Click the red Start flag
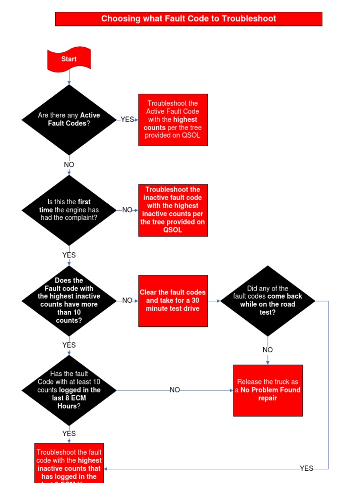(x=69, y=59)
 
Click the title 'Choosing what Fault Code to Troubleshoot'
(x=189, y=19)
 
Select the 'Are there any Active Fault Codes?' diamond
(x=69, y=119)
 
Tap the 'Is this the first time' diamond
(x=69, y=210)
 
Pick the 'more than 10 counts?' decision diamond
(x=69, y=300)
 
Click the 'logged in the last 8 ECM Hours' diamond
(x=69, y=390)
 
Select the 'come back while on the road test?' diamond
(x=268, y=300)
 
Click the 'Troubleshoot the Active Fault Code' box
(x=173, y=120)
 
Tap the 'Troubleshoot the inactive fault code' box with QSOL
(x=173, y=210)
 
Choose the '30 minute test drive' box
(x=173, y=300)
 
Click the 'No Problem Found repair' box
(x=268, y=390)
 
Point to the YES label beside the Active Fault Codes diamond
(x=127, y=119)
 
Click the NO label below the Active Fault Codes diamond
(x=69, y=165)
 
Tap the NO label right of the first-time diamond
(x=127, y=210)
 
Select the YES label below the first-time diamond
(x=69, y=255)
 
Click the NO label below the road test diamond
(x=268, y=350)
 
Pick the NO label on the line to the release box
(x=175, y=390)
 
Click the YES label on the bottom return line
(x=306, y=468)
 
